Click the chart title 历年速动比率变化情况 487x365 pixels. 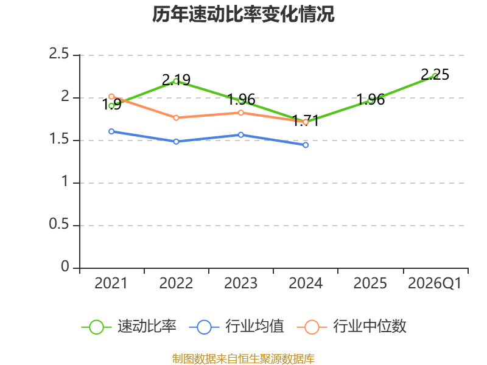[x=243, y=14]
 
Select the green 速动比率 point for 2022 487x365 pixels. [x=176, y=81]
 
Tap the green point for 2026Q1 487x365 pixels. [x=435, y=75]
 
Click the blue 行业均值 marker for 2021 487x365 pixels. [x=111, y=131]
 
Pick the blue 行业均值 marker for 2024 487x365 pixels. [x=306, y=145]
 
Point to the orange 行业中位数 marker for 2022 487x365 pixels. [x=176, y=117]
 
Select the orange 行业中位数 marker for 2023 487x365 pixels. [x=241, y=113]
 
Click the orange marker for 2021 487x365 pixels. [x=111, y=97]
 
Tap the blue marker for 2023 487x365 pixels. [x=241, y=134]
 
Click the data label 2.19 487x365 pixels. [x=176, y=80]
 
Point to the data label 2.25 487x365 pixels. [x=435, y=74]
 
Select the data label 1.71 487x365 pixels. [x=306, y=120]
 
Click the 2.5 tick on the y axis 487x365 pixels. [x=58, y=54]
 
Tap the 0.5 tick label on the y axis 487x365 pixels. [x=58, y=224]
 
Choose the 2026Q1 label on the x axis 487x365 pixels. [x=435, y=283]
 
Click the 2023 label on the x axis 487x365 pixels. [x=241, y=283]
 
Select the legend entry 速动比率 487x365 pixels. [x=129, y=327]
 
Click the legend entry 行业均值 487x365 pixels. [x=237, y=327]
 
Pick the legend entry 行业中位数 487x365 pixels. [x=352, y=327]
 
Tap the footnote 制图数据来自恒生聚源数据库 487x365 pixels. [x=243, y=359]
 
